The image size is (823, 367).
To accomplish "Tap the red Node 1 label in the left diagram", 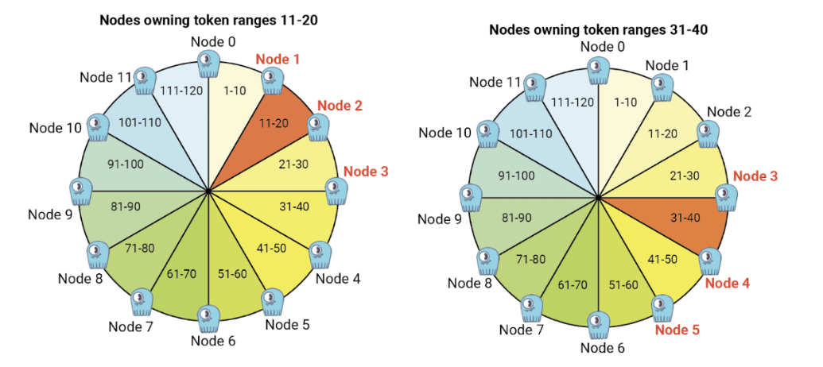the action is (278, 60).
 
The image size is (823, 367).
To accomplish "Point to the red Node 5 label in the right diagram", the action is (677, 330).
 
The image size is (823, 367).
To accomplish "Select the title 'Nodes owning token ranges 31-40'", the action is (599, 30).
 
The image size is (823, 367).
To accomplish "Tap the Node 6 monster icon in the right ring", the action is (599, 326).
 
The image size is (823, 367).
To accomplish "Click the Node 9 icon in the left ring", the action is (81, 191).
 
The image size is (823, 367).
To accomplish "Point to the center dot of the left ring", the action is (209, 191).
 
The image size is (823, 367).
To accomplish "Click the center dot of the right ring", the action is (598, 197).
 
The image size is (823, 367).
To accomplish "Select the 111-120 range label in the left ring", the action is (181, 91).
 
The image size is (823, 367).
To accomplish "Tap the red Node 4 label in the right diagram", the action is (727, 284).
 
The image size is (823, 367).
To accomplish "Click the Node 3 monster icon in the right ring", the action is (728, 198).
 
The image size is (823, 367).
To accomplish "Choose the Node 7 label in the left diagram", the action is (130, 327).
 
